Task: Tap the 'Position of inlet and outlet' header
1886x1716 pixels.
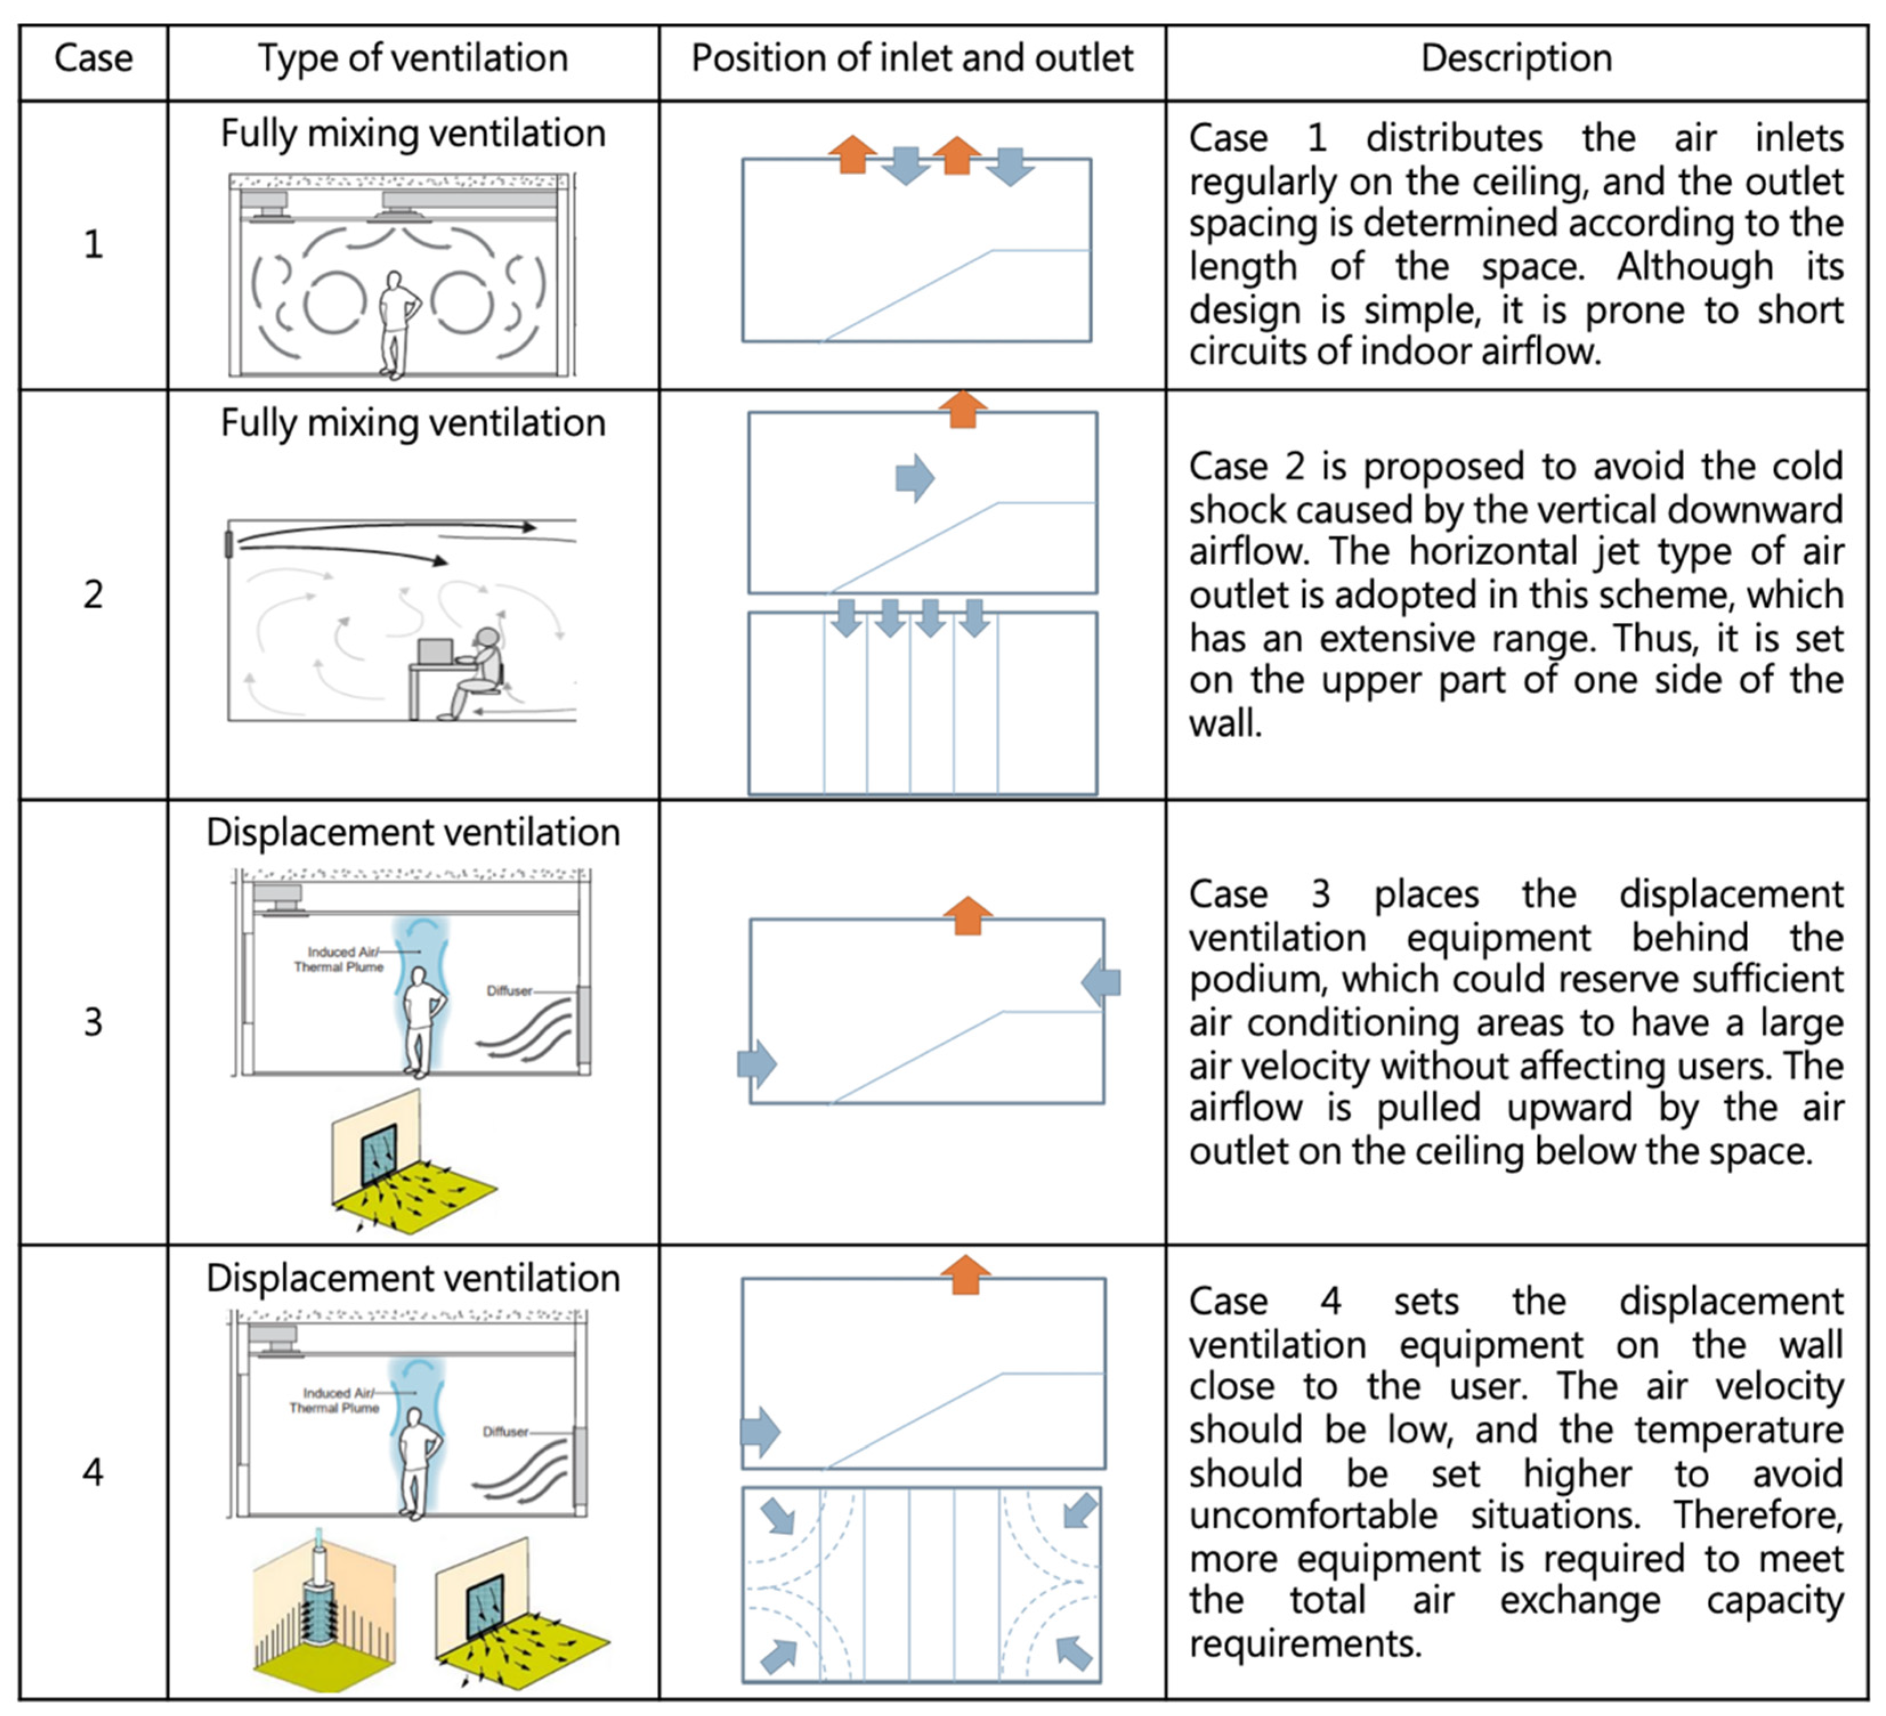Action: pyautogui.click(x=911, y=59)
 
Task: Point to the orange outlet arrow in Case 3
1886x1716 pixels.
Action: pyautogui.click(x=967, y=916)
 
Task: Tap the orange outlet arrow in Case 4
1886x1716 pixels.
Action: pyautogui.click(x=964, y=1275)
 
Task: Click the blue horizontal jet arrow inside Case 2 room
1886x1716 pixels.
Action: pyautogui.click(x=914, y=478)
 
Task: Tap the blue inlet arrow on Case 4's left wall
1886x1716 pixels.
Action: pyautogui.click(x=760, y=1431)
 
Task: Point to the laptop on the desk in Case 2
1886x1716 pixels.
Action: pyautogui.click(x=435, y=652)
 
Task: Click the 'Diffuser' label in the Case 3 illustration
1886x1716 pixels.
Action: pyautogui.click(x=509, y=991)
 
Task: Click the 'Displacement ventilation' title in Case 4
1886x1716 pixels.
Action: pyautogui.click(x=412, y=1278)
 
